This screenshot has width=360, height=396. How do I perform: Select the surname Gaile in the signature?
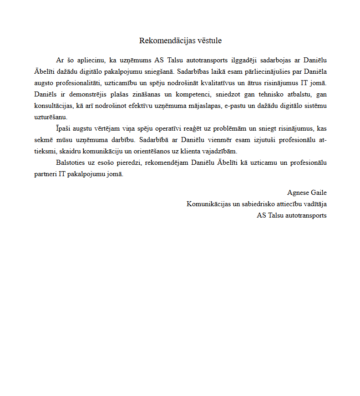[x=319, y=193]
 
